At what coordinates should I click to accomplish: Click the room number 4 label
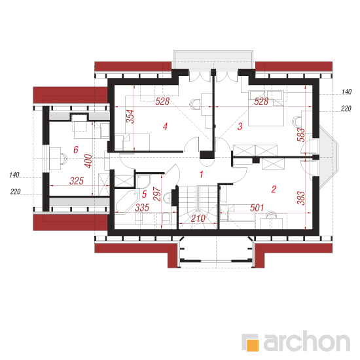(165, 126)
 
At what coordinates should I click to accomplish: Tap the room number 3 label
(240, 126)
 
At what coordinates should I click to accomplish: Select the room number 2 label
(274, 189)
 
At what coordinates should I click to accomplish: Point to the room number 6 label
(76, 150)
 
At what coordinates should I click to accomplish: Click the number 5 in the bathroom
(144, 194)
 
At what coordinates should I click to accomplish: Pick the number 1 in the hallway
(202, 175)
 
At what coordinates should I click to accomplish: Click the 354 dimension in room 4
(130, 117)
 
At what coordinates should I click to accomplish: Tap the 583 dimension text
(301, 135)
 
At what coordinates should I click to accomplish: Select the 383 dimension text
(301, 198)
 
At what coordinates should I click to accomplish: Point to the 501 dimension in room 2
(257, 207)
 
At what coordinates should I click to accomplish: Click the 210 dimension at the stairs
(198, 219)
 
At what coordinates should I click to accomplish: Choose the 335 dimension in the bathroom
(142, 207)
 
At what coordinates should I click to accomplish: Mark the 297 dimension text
(157, 194)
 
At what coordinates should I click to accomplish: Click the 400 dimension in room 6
(88, 161)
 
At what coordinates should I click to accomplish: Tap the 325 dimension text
(77, 181)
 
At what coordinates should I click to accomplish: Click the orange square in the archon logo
(253, 345)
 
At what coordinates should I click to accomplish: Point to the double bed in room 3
(266, 109)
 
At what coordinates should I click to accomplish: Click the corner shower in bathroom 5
(143, 181)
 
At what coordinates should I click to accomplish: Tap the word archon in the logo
(307, 342)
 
